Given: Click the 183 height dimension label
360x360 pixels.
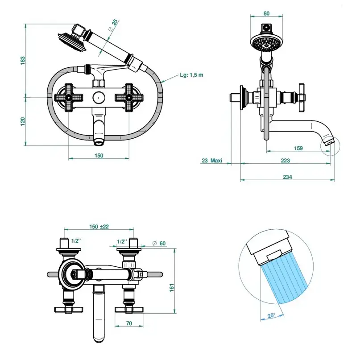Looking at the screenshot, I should (23, 61).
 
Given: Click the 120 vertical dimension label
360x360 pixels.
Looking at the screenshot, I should (23, 121).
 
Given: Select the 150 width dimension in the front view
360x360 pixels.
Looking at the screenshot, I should (99, 155).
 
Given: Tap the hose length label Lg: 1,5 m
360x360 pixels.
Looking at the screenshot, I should (191, 75).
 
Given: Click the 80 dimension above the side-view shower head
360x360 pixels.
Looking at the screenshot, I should (266, 13).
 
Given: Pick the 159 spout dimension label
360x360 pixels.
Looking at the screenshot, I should (298, 148).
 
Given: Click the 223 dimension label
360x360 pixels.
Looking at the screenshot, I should (286, 161).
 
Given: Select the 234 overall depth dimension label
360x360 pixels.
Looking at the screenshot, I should (287, 177).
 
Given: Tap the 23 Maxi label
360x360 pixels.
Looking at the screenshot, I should (212, 161).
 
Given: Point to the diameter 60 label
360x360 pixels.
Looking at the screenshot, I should (159, 243).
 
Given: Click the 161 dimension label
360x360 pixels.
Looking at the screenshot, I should (172, 288).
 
